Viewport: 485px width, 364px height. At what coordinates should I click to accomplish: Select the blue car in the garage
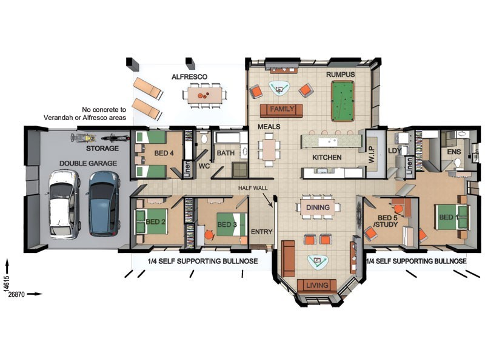(104, 202)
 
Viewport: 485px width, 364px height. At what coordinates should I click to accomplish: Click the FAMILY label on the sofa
(281, 109)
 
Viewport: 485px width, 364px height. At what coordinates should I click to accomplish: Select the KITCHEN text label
(327, 158)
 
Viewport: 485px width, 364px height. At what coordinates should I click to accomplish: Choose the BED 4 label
(164, 153)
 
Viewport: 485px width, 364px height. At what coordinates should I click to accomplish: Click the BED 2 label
(155, 222)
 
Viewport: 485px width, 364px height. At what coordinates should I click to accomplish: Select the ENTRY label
(262, 232)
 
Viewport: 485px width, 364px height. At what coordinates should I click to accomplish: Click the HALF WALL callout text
(253, 188)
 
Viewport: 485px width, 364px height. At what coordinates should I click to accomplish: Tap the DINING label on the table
(318, 207)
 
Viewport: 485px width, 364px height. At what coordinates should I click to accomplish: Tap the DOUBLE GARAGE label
(84, 164)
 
